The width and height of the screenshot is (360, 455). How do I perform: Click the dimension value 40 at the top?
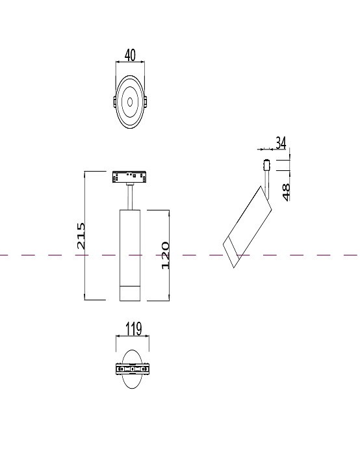click(x=130, y=55)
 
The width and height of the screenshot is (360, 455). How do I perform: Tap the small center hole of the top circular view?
click(x=130, y=101)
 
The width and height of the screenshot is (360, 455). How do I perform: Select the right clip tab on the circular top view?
click(x=145, y=102)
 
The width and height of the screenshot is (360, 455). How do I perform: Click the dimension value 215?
click(x=81, y=235)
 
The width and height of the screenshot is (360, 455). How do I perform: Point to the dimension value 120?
click(x=165, y=255)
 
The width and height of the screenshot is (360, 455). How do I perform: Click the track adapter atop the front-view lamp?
click(x=130, y=175)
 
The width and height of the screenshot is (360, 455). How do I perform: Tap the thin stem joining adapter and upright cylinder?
click(x=130, y=195)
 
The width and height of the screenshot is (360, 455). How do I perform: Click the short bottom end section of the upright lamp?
click(x=130, y=293)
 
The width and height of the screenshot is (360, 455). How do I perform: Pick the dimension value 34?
click(x=281, y=142)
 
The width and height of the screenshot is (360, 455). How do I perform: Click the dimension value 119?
click(x=132, y=328)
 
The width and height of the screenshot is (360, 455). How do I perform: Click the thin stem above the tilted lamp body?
click(x=265, y=178)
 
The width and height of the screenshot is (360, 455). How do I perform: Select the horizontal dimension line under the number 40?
click(x=130, y=62)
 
